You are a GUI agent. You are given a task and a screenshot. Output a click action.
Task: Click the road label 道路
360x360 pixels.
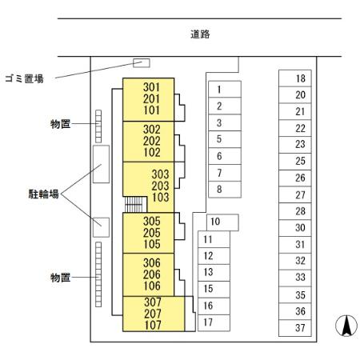coord(200,34)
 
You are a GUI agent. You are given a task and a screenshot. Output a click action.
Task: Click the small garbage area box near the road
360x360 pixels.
coord(141,62)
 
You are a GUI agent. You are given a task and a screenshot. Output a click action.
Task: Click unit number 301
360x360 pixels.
coord(151,86)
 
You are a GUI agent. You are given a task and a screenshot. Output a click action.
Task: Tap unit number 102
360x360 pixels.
coord(151,152)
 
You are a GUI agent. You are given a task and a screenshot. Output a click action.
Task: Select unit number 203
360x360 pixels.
coord(160,185)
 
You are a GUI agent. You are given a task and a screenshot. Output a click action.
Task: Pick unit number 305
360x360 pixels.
coord(151,222)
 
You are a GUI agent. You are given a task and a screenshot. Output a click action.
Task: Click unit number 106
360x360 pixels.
coord(151,286)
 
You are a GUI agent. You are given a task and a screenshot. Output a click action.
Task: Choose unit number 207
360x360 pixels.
coord(151,314)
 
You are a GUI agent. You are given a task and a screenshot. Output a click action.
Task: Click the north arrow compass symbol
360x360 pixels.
coord(345,326)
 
